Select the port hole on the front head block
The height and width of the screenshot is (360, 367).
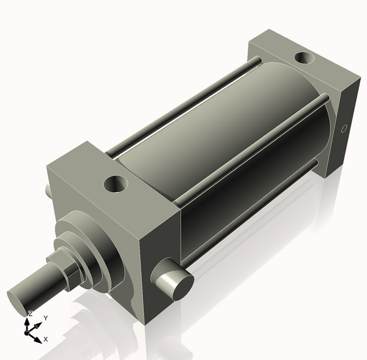pos(115,182)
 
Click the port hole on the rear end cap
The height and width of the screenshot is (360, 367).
pos(303,59)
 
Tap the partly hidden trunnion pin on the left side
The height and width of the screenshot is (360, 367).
pos(48,191)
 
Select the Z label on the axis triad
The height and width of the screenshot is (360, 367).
pos(30,313)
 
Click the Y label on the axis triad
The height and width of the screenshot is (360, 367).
pos(45,318)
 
